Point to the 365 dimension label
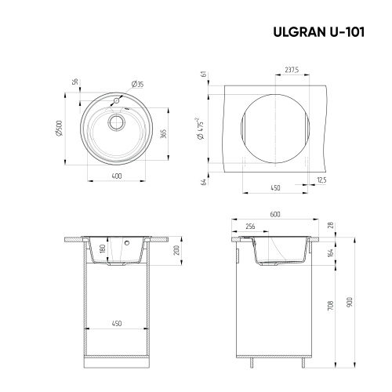pyautogui.click(x=162, y=135)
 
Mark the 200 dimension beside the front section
pyautogui.click(x=178, y=251)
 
